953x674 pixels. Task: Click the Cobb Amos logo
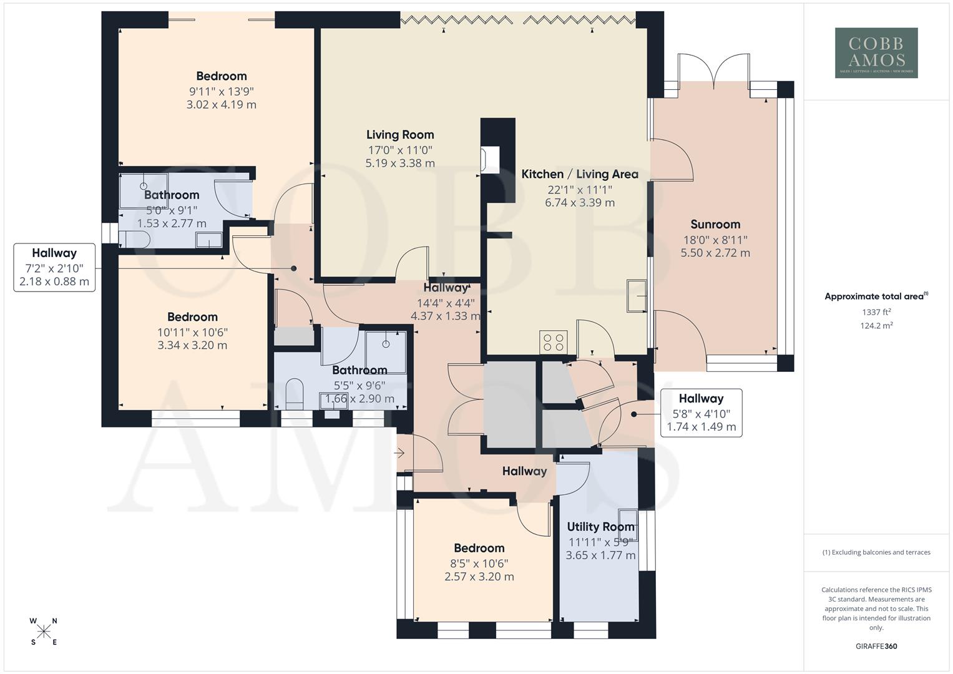click(876, 52)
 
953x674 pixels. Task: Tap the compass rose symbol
click(44, 632)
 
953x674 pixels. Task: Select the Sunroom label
click(715, 224)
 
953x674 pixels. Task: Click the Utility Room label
click(600, 527)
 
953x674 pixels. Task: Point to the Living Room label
click(400, 135)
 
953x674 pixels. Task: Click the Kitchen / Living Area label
click(580, 174)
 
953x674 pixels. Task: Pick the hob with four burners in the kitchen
click(554, 343)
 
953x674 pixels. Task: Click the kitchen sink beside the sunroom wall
click(637, 295)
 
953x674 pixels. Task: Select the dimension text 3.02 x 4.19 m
click(221, 105)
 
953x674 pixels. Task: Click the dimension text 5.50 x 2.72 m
click(715, 253)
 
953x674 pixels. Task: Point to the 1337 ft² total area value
click(876, 312)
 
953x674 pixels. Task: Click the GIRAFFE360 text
click(876, 646)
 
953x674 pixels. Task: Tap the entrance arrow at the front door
click(400, 453)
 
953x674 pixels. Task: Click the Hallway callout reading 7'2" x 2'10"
click(54, 267)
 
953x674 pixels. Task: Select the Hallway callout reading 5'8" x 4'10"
click(701, 413)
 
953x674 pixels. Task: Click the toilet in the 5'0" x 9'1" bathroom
click(134, 239)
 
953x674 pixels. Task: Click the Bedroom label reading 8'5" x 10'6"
click(479, 548)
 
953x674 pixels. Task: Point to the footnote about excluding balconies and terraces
click(876, 552)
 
